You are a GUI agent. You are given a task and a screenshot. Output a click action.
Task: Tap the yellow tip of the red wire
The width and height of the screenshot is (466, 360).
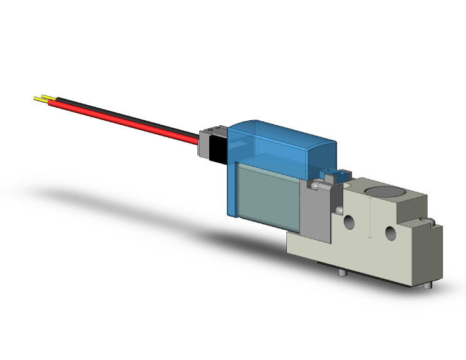tap(39, 101)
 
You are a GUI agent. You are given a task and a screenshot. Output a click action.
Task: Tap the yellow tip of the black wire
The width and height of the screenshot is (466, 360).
tap(44, 97)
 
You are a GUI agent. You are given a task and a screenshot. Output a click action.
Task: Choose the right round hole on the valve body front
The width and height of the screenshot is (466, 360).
tap(391, 234)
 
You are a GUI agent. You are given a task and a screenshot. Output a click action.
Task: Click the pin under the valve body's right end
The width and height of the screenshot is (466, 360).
tap(427, 286)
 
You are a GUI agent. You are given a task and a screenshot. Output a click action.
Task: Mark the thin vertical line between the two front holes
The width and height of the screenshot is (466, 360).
tap(370, 225)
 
